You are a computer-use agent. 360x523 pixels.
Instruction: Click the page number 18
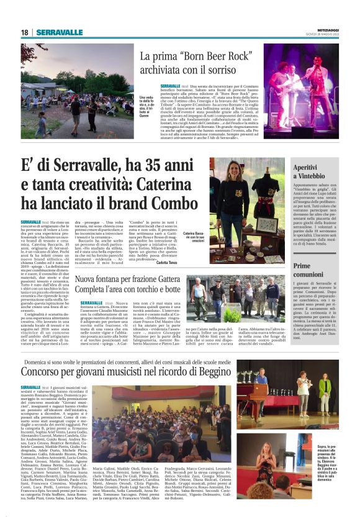(24, 32)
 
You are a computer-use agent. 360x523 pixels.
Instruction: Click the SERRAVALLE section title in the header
(59, 32)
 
